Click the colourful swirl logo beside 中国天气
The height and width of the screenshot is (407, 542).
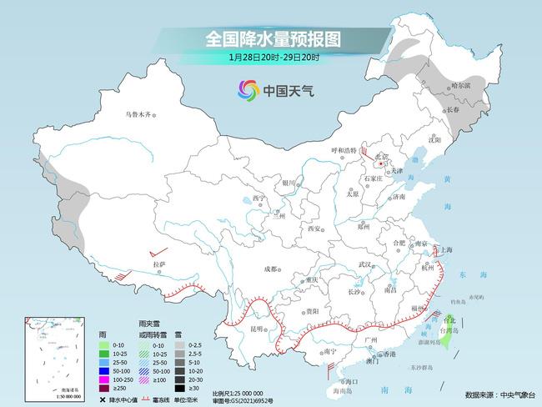247,89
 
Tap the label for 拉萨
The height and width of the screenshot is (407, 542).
160,264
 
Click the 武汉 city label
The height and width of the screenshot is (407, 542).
364,264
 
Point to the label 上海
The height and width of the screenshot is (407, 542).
448,249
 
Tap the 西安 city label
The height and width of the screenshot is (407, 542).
315,228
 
